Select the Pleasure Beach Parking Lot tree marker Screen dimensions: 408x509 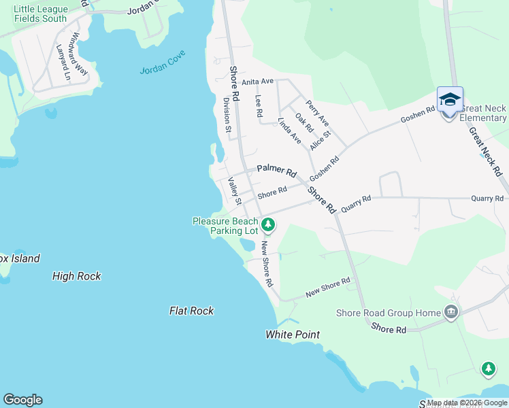[268, 224]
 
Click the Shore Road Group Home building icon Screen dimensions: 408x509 [450, 313]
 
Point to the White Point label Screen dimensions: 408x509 [293, 335]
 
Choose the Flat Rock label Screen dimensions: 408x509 [191, 311]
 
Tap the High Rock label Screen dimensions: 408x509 [77, 276]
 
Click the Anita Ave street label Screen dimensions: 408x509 [257, 82]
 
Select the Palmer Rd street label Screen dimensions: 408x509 [277, 172]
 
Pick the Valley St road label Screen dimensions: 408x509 [235, 191]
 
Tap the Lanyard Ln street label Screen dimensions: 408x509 [65, 63]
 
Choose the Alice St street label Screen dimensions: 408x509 [320, 141]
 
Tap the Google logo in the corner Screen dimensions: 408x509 [22, 400]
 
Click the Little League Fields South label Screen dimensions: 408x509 [41, 14]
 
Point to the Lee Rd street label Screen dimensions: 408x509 [259, 106]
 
